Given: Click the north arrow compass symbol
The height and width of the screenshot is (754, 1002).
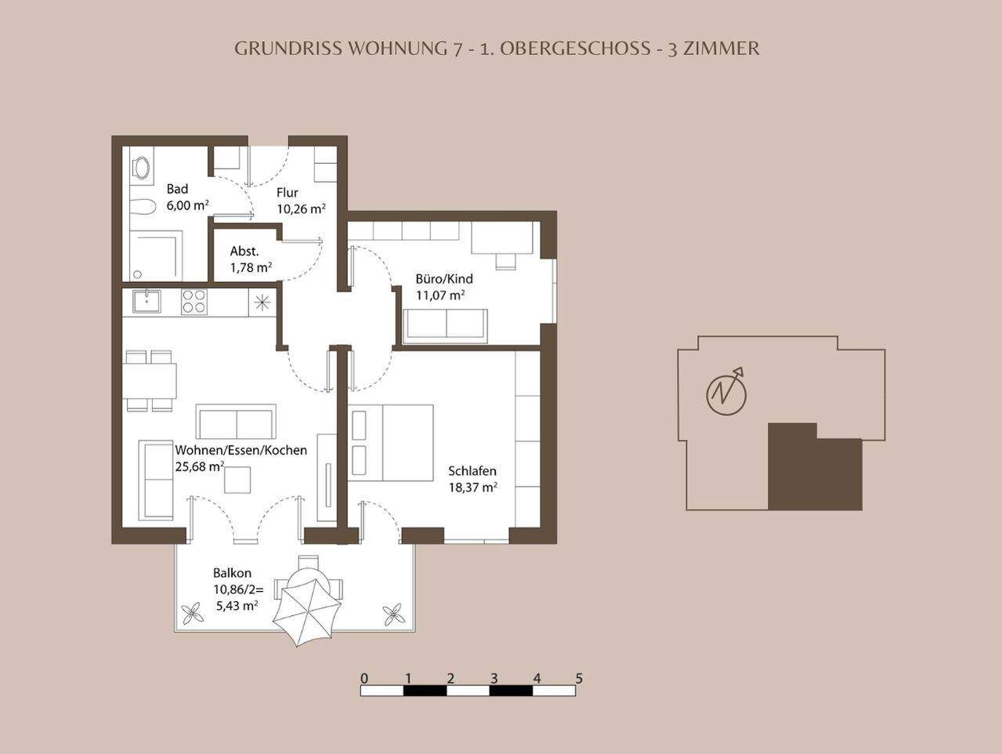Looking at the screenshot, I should [x=726, y=393].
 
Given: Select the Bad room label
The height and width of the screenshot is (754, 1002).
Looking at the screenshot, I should [x=177, y=189].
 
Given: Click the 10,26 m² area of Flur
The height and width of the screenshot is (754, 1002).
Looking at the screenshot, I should [x=301, y=209].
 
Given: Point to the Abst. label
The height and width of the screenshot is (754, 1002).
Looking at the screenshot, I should [x=244, y=252].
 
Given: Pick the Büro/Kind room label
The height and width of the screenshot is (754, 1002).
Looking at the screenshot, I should [x=444, y=279].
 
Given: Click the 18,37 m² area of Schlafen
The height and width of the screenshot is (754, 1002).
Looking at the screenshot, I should [x=472, y=488].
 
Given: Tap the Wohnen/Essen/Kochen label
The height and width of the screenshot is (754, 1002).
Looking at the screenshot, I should [x=241, y=451].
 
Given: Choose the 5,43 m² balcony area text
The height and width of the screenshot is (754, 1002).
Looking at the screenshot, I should [x=237, y=606].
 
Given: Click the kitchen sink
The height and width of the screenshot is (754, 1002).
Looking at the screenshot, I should [x=147, y=301].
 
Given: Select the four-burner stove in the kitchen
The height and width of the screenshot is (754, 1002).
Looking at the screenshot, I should [x=194, y=302].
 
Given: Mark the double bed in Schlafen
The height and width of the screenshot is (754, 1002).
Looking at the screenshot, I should [x=392, y=443].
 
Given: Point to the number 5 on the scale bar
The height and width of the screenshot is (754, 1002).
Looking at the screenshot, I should [x=579, y=679].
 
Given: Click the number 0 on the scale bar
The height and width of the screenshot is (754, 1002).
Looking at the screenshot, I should [x=364, y=679].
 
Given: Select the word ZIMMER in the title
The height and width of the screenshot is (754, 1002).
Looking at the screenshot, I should [x=722, y=48].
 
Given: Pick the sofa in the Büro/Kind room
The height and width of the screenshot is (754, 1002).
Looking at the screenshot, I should [x=445, y=324].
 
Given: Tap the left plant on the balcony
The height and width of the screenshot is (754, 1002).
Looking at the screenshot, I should [x=192, y=614].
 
